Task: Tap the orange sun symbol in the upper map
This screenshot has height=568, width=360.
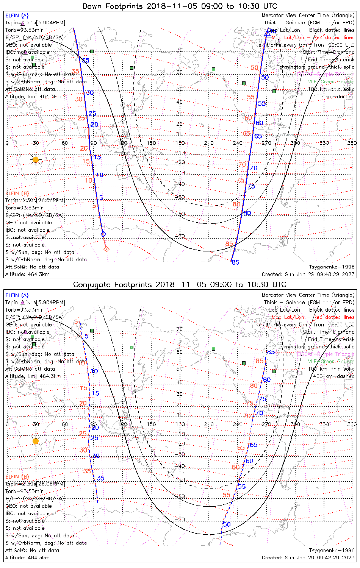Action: click(36, 159)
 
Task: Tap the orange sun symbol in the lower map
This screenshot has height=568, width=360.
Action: click(36, 441)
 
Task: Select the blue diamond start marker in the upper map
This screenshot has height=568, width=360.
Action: click(103, 234)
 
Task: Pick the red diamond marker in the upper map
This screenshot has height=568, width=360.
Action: click(106, 249)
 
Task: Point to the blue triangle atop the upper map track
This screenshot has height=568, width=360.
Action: click(268, 33)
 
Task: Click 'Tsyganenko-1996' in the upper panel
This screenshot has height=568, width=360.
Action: click(332, 267)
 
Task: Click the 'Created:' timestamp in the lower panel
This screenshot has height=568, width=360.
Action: click(308, 557)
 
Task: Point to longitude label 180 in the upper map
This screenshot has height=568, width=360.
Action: click(180, 143)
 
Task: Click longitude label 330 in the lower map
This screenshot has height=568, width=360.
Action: click(324, 424)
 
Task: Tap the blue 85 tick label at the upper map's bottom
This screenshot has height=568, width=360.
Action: click(236, 262)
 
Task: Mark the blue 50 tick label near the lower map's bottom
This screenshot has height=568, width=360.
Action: click(227, 524)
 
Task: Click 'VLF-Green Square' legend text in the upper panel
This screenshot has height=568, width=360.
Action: click(331, 82)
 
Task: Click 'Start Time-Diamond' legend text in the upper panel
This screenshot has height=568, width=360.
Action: click(329, 52)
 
